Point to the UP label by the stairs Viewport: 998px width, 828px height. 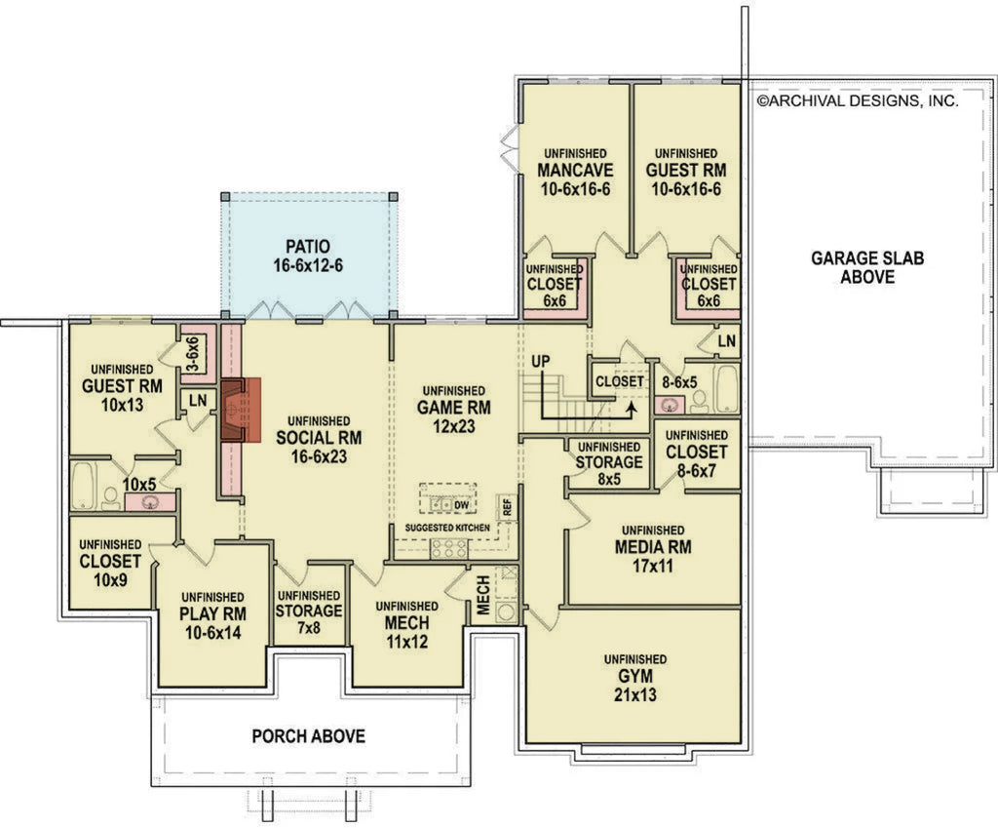pos(542,362)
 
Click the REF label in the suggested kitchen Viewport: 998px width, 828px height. pos(507,506)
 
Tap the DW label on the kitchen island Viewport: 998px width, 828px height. pos(461,504)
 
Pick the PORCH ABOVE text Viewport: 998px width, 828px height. pos(309,735)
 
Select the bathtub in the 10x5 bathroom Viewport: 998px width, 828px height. pos(84,485)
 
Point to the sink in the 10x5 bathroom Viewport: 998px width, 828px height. pos(151,502)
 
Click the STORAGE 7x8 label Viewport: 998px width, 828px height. pos(309,611)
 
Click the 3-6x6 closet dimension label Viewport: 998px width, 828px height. pos(192,355)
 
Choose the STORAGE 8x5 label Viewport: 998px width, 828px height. pos(608,462)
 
